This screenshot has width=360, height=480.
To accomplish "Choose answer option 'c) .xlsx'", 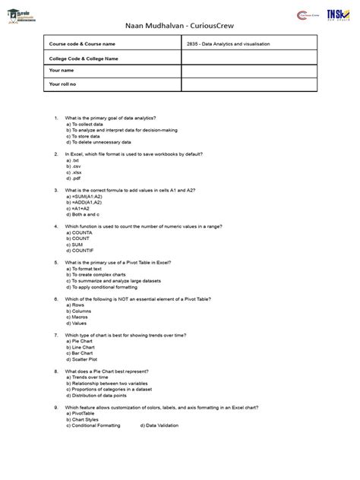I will coord(77,172).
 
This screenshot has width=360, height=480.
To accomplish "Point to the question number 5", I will coord(56,262).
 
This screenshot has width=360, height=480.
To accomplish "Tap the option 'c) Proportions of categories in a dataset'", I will coord(113,388).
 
